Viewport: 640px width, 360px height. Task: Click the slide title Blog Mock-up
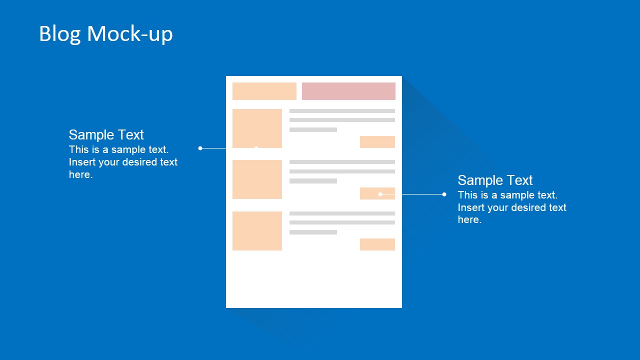(x=106, y=34)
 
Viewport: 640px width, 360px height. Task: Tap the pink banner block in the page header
(x=348, y=91)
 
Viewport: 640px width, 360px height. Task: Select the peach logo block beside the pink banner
(x=264, y=91)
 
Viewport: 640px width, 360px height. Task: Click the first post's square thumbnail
(x=257, y=128)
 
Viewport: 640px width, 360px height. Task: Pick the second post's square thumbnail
(x=257, y=179)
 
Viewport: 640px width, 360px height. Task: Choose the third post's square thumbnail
(x=257, y=230)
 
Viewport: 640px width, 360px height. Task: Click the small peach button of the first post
(x=377, y=142)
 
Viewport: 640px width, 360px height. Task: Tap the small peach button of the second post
(x=377, y=193)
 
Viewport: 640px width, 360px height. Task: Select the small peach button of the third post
(x=377, y=244)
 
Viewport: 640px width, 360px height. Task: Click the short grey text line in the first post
(x=313, y=129)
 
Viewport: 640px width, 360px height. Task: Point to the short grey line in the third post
(x=313, y=232)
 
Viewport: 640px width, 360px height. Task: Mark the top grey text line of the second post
(x=342, y=162)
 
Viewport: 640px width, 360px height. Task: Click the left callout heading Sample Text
(x=106, y=134)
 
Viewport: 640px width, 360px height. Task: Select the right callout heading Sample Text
(x=495, y=180)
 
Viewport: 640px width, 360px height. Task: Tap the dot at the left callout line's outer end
(x=200, y=148)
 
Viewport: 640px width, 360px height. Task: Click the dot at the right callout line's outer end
(x=444, y=194)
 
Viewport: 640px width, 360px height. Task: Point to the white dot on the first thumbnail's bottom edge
(x=256, y=147)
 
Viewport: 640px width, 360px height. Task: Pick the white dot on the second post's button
(x=380, y=194)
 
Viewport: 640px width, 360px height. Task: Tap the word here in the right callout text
(x=469, y=219)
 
